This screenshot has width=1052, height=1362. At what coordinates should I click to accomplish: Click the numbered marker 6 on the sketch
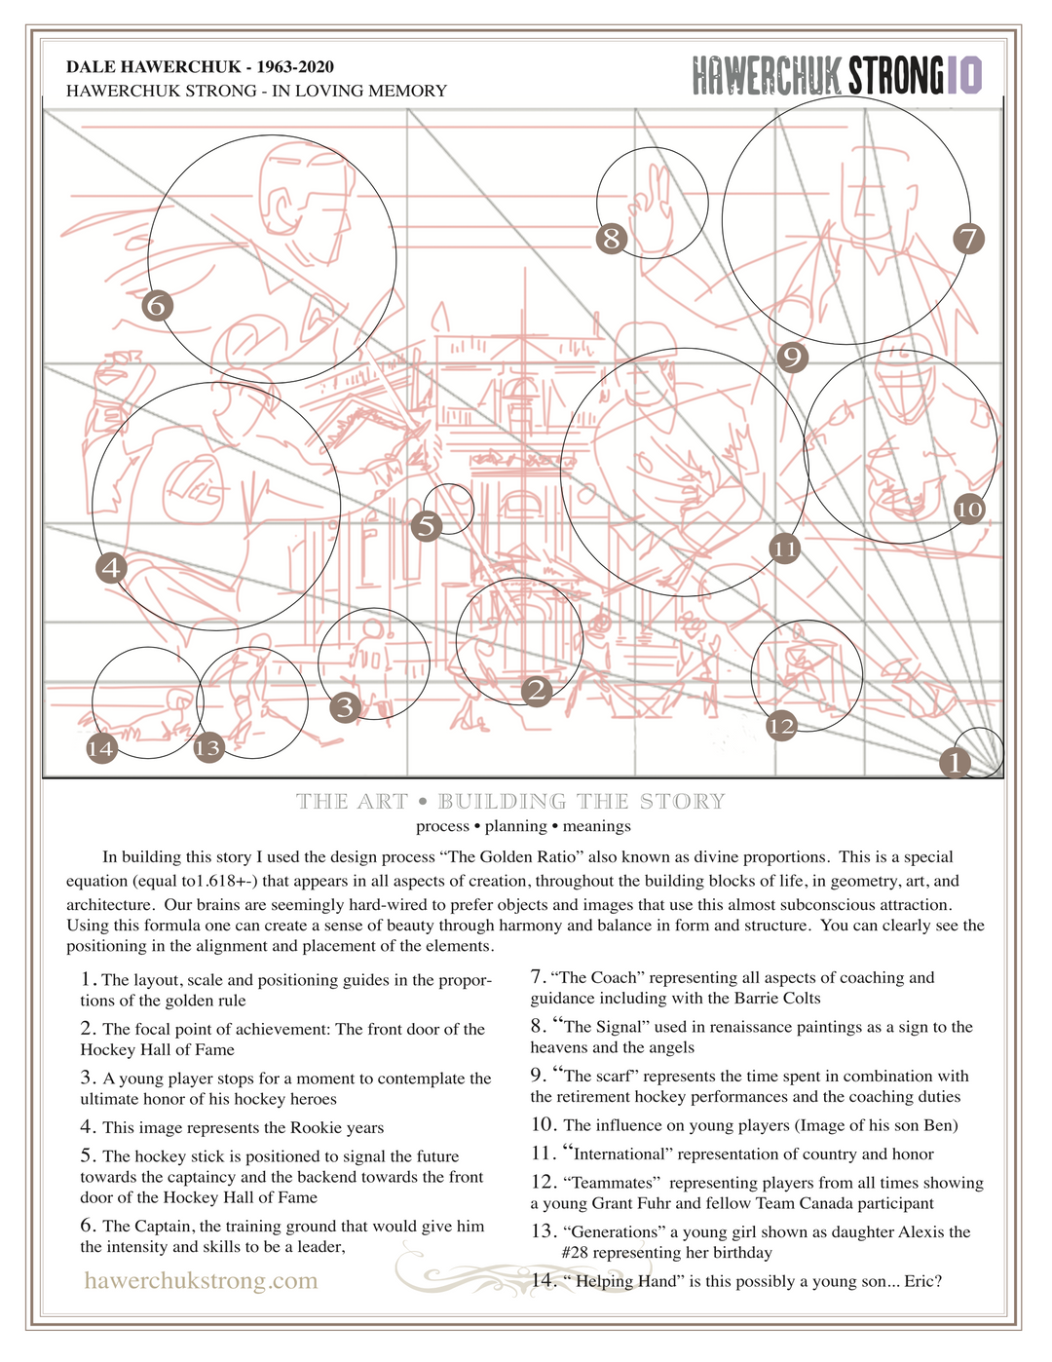[158, 306]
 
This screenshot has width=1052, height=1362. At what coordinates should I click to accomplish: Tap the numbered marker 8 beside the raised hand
[612, 238]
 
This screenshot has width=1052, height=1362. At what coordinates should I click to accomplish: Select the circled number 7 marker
[968, 239]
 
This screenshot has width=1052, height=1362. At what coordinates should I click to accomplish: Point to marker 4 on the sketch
[113, 567]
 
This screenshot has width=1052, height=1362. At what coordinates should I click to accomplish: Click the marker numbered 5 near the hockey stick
[427, 526]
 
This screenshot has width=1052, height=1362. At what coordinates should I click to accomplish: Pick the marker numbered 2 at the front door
[537, 691]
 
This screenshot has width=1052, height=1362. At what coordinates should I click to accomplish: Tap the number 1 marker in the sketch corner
[956, 762]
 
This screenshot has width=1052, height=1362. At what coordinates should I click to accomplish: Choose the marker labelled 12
[781, 725]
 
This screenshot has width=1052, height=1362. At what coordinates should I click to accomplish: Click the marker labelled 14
[101, 748]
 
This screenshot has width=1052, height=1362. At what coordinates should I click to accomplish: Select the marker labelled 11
[784, 549]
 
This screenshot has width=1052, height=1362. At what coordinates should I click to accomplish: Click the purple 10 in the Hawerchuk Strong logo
[963, 75]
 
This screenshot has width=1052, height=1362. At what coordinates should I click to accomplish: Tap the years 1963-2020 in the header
[295, 66]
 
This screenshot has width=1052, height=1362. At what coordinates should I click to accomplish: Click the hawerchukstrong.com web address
[201, 1279]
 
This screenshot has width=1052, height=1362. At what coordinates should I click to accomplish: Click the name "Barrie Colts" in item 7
[776, 998]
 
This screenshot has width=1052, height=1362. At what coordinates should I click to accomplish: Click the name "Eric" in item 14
[919, 1281]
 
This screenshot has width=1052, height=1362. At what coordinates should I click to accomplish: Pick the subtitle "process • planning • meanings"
[523, 826]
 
